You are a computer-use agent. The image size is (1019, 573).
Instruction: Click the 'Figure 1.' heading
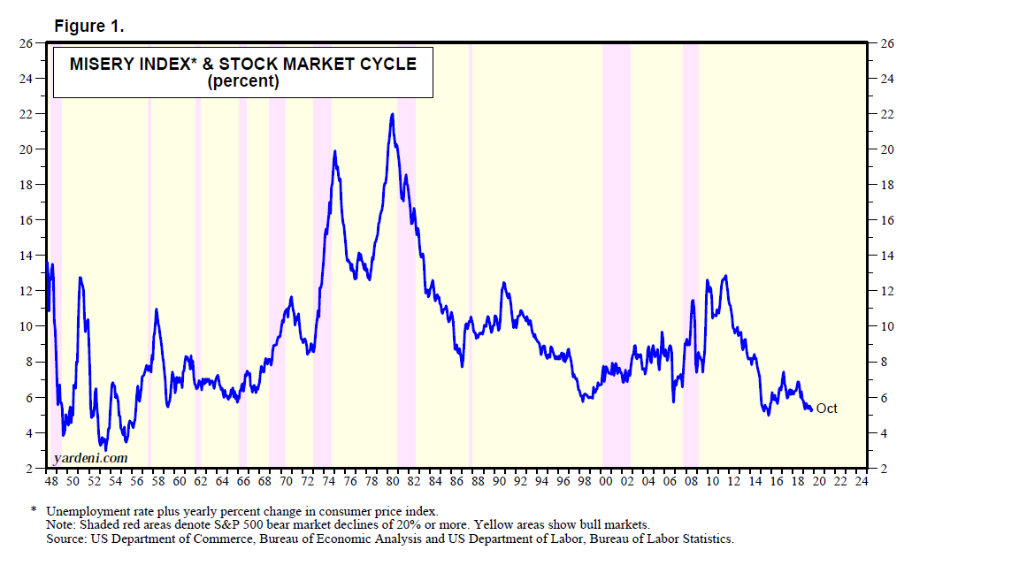89,27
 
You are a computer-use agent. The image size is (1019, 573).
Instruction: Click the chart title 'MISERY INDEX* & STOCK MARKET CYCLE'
243,64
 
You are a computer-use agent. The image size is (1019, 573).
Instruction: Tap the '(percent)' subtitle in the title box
243,82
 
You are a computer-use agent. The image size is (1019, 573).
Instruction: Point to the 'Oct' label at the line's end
826,409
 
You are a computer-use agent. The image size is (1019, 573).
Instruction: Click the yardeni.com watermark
90,457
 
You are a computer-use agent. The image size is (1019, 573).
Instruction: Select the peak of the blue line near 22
392,114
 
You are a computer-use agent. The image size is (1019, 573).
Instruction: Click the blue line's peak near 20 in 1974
334,152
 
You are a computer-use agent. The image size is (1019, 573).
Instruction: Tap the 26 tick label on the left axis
26,43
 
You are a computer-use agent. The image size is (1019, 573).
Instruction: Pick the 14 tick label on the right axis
887,256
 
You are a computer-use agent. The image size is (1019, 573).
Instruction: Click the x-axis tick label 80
392,482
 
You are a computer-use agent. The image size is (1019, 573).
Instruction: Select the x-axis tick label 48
51,482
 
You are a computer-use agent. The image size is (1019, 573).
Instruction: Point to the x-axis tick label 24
862,482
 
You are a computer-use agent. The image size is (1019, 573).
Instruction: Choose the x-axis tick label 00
605,482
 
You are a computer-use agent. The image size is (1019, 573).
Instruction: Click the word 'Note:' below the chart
61,524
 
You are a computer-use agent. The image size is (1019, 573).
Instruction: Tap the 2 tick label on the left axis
29,469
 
